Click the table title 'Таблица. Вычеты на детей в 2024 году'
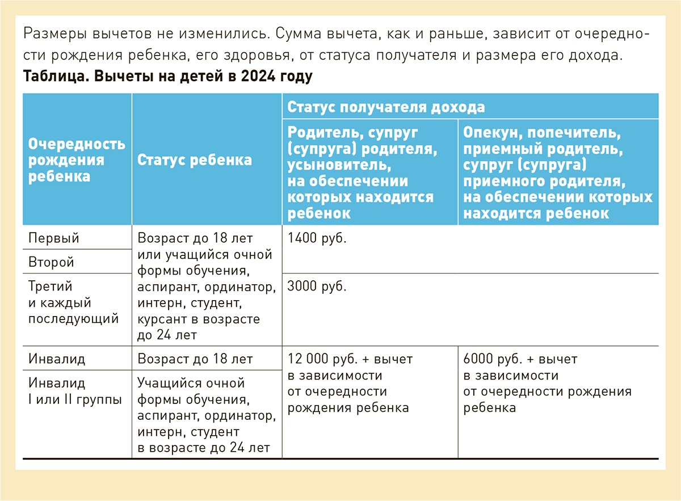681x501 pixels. click(167, 76)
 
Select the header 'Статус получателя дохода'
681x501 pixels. click(386, 107)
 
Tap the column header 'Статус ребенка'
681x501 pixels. click(195, 160)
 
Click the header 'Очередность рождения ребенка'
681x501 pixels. click(77, 159)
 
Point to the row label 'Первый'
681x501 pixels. click(54, 238)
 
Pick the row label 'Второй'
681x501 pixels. click(51, 263)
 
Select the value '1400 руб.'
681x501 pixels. click(317, 238)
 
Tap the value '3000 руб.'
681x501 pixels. click(317, 287)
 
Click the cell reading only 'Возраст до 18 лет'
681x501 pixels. click(195, 359)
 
